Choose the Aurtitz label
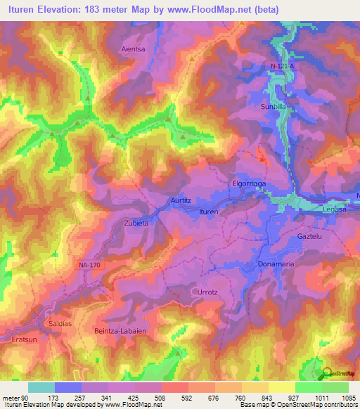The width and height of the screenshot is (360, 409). coord(181,200)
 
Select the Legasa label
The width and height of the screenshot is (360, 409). coord(331,209)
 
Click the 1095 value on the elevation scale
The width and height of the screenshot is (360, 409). coord(349,397)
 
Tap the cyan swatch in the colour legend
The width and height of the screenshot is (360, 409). coord(41,387)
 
